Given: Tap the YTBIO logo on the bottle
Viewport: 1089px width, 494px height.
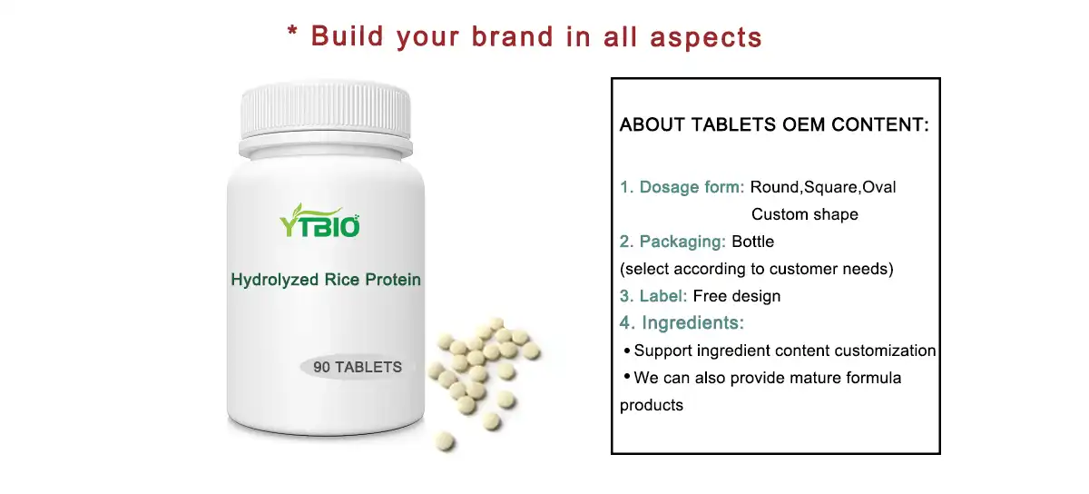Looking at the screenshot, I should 319,221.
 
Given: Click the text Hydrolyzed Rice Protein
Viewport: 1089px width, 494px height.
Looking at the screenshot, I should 326,280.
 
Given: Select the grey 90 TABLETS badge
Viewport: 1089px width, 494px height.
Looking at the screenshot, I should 357,368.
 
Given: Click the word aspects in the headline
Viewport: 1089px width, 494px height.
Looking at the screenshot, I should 711,36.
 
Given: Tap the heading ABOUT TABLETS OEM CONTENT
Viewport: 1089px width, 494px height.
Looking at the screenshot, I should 774,125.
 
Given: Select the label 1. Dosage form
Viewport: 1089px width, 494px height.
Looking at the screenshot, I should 682,187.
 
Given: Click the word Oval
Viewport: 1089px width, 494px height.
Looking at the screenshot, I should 878,187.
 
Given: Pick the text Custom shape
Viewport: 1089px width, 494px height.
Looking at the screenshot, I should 804,214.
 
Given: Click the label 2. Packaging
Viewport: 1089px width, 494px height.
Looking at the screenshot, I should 672,242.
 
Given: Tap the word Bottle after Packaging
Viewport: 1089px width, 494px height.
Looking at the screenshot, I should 752,242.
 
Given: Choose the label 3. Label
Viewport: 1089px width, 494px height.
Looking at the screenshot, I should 653,296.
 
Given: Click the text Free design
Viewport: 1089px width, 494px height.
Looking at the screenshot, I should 736,296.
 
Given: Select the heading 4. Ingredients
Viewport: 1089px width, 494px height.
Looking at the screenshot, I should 682,322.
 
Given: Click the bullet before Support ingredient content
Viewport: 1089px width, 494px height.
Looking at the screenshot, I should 626,351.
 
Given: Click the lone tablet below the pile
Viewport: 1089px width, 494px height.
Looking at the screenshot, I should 444,442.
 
